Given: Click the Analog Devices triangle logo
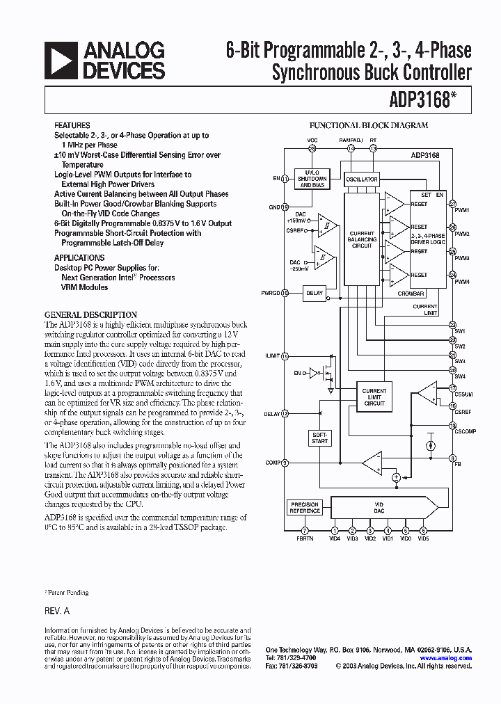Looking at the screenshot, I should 61,60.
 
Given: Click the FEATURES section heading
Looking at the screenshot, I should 72,126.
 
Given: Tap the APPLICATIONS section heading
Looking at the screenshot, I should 79,257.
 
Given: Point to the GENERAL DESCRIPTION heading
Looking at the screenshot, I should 90,314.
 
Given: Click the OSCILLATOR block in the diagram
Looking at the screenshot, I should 362,179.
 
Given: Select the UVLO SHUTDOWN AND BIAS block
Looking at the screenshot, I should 311,179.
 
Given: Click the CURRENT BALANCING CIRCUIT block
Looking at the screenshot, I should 362,240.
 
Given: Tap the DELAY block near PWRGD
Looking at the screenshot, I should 315,293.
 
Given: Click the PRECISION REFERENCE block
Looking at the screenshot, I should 305,508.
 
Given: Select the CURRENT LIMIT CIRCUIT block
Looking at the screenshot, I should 374,397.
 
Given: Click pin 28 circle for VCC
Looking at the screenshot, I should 312,149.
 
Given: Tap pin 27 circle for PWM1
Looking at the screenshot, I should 452,203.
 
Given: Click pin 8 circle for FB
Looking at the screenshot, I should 452,458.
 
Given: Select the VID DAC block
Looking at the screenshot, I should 379,508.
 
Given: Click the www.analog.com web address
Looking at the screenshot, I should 455,658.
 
